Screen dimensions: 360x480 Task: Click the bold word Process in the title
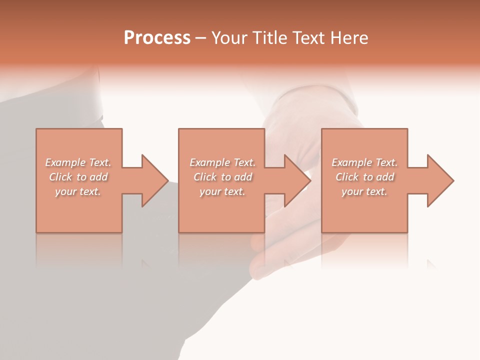157,38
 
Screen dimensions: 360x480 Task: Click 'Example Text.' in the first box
78,162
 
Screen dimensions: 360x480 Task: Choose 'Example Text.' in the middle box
222,162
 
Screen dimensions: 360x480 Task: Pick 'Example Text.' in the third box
364,162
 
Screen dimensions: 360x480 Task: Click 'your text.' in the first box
78,191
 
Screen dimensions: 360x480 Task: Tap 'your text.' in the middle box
222,191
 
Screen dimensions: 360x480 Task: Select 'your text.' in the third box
364,191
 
